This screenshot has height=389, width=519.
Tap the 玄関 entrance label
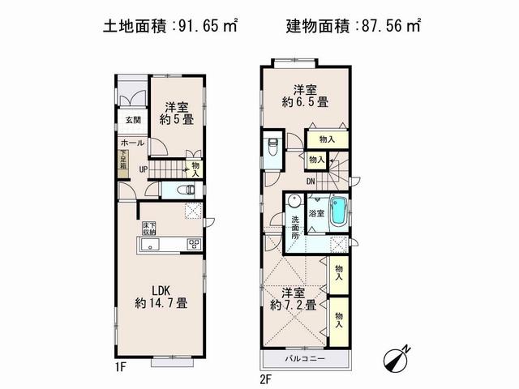[x=132, y=120]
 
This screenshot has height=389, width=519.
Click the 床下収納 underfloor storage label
[x=150, y=228]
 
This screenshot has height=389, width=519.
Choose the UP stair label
[x=143, y=169]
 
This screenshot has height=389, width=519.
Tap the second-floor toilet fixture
[x=272, y=147]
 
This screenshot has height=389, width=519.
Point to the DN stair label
[x=311, y=182]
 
